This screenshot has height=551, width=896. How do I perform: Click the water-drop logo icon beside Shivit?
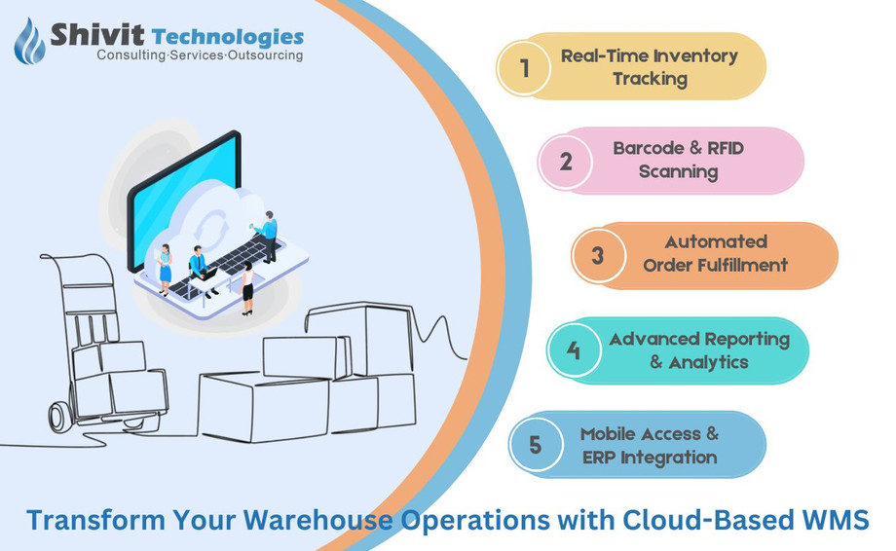pyautogui.click(x=30, y=40)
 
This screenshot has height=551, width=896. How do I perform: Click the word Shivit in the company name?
pyautogui.click(x=97, y=36)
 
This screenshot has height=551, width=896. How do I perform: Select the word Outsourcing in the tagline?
pyautogui.click(x=265, y=55)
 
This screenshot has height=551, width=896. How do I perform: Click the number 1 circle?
pyautogui.click(x=525, y=67)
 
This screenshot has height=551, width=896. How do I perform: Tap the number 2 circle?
pyautogui.click(x=566, y=161)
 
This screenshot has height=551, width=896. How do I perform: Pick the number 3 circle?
pyautogui.click(x=598, y=256)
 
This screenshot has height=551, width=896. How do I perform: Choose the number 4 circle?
pyautogui.click(x=574, y=349)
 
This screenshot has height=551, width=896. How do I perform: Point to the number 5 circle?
pyautogui.click(x=535, y=445)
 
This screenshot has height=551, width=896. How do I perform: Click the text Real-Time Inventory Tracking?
pyautogui.click(x=650, y=67)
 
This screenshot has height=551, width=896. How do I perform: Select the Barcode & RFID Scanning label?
pyautogui.click(x=679, y=161)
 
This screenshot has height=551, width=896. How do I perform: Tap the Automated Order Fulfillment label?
pyautogui.click(x=716, y=253)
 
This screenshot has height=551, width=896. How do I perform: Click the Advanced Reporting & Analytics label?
pyautogui.click(x=698, y=350)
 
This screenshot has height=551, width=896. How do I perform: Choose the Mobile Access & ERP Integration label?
pyautogui.click(x=650, y=445)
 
